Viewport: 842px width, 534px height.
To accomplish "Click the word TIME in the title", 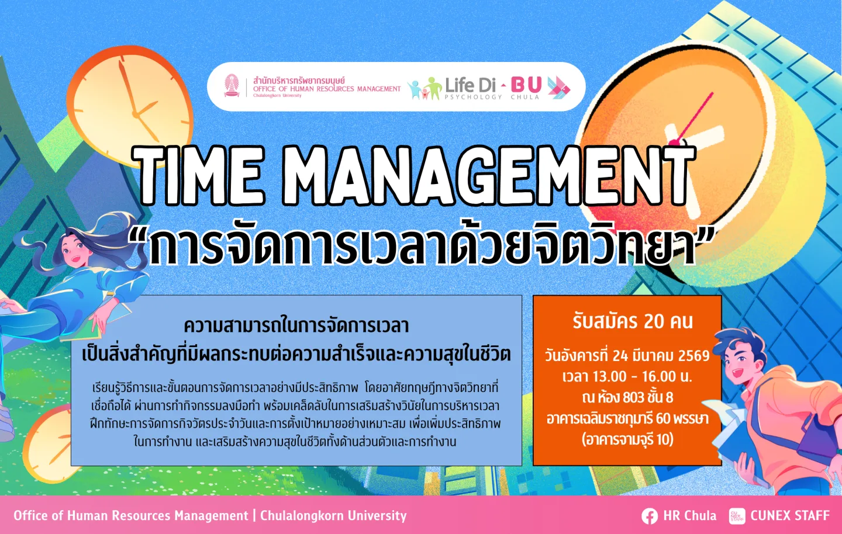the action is click(x=198, y=176).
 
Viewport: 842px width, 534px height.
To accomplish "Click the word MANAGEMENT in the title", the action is click(x=489, y=176).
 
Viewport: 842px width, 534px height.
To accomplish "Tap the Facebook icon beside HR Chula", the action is click(x=650, y=516).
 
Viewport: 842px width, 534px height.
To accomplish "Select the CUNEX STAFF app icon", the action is click(x=737, y=516).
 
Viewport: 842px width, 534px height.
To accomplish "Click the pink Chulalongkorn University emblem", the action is click(x=232, y=86).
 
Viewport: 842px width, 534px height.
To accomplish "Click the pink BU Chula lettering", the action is click(x=526, y=88).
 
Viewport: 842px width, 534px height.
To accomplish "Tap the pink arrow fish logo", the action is click(x=559, y=88).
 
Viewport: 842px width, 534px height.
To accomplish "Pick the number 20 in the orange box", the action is click(x=655, y=321).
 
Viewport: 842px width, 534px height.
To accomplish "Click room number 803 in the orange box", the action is click(x=634, y=397).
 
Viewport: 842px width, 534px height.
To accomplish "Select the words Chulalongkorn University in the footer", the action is click(x=333, y=516).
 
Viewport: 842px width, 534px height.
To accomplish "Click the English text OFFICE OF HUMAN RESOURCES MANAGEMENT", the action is click(x=327, y=89).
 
